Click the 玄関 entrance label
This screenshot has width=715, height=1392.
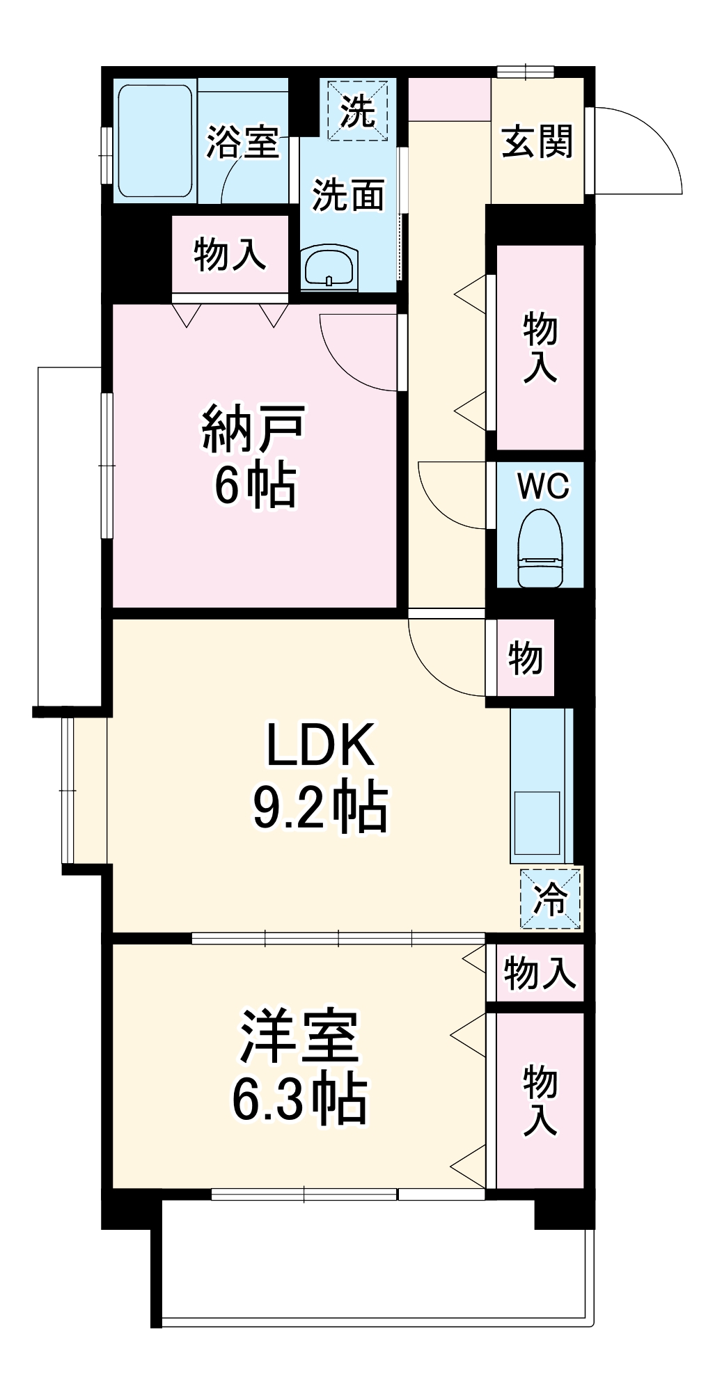[537, 142]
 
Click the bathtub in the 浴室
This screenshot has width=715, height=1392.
[155, 141]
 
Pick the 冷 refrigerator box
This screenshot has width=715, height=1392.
[550, 899]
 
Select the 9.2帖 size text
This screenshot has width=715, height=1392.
[320, 808]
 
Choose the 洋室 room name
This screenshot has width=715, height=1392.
[299, 1037]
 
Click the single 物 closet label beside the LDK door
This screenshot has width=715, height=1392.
[526, 658]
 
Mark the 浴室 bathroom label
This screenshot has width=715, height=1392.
[242, 142]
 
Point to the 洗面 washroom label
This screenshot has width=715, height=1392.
[348, 195]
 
